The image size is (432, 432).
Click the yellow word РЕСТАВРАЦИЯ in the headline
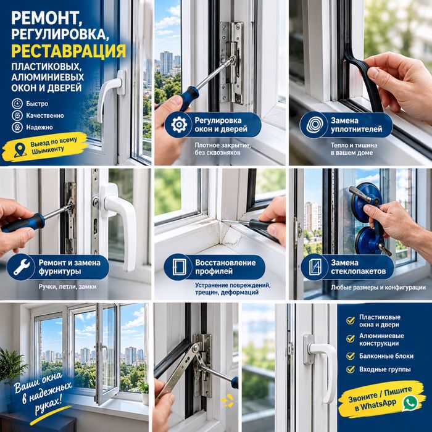point(69,51)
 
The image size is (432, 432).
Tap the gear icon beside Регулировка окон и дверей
point(179,125)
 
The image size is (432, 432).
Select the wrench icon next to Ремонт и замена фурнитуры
point(21,267)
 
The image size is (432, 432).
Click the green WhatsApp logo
point(410,402)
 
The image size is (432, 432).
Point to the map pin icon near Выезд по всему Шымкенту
point(20,150)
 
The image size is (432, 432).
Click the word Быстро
point(37,104)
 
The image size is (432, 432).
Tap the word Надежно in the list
point(39,127)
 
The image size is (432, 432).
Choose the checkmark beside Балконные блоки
point(351,356)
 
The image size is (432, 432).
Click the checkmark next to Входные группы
point(351,369)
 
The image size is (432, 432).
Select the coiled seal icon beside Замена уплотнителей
point(314,125)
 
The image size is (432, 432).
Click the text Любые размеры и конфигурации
point(378,288)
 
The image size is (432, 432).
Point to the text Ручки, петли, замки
point(67,287)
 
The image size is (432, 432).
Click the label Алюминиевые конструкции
point(381,339)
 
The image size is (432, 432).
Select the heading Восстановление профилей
point(225,267)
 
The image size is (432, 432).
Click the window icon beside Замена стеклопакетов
point(315,267)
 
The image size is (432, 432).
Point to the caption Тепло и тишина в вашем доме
point(354,149)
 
